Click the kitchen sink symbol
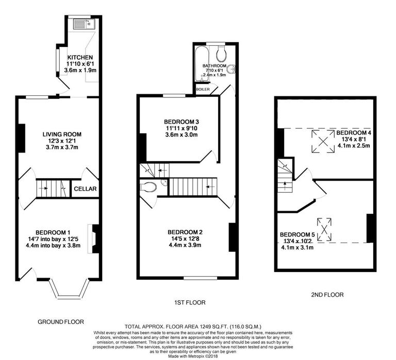(x=82, y=24)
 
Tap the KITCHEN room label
(x=80, y=57)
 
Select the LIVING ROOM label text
(x=62, y=134)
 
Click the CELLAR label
(x=85, y=189)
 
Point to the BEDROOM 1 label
(x=54, y=232)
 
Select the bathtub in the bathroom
(x=200, y=63)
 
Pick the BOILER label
(x=202, y=90)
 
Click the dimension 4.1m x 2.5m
(x=353, y=145)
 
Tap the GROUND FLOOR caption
(x=61, y=321)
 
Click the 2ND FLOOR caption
(x=327, y=295)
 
